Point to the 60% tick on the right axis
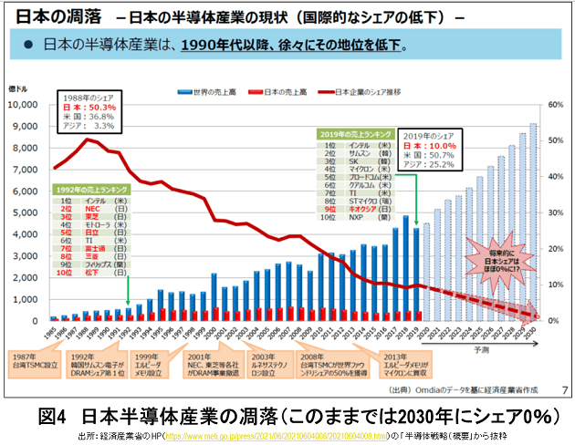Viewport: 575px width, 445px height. pyautogui.click(x=554, y=105)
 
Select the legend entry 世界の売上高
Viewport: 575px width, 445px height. pyautogui.click(x=208, y=92)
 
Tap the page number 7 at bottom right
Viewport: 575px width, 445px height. pyautogui.click(x=563, y=390)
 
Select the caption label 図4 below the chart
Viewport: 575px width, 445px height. pyautogui.click(x=57, y=416)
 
